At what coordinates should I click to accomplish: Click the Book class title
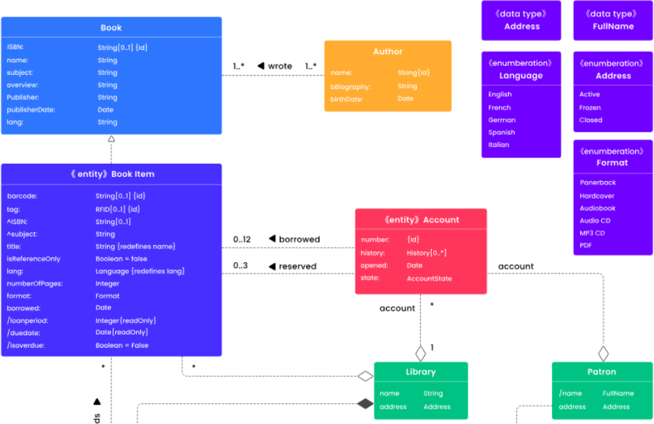tap(111, 28)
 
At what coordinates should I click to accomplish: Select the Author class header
tap(387, 51)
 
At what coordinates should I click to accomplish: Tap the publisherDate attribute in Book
tap(31, 110)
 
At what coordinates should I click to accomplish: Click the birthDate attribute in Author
tap(346, 99)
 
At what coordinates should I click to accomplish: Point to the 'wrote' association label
tap(279, 66)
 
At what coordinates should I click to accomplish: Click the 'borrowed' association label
tap(299, 239)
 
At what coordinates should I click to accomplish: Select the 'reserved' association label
tap(297, 266)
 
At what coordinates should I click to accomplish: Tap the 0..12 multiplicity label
tap(242, 239)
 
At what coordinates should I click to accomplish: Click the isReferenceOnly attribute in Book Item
tap(34, 259)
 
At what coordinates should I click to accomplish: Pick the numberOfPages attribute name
tap(34, 284)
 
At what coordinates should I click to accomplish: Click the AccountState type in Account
tap(429, 278)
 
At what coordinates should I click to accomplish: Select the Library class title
tap(421, 372)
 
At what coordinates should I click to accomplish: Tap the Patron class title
tap(601, 372)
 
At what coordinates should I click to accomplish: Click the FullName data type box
tap(613, 20)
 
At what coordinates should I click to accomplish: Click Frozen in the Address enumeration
tap(590, 108)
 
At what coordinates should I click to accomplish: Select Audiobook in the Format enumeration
tap(598, 208)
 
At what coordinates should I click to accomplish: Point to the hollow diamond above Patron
tap(603, 353)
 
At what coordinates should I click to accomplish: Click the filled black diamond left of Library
tap(365, 403)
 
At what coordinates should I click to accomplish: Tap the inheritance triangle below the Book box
tap(112, 139)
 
